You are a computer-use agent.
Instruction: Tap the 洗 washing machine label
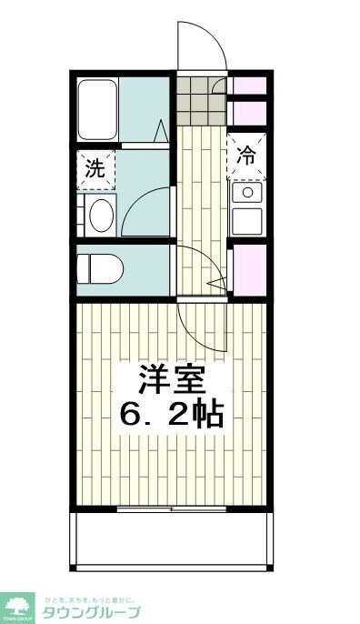(94, 168)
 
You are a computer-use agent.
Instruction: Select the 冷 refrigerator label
(246, 154)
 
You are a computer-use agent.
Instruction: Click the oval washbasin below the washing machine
(100, 215)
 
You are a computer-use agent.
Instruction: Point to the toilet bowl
(97, 267)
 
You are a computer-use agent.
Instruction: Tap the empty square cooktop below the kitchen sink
(246, 220)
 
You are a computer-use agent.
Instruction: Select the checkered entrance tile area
(199, 103)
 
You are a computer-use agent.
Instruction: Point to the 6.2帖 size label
(171, 416)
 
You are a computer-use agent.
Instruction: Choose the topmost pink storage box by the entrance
(249, 87)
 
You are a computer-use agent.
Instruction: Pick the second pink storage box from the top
(249, 113)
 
